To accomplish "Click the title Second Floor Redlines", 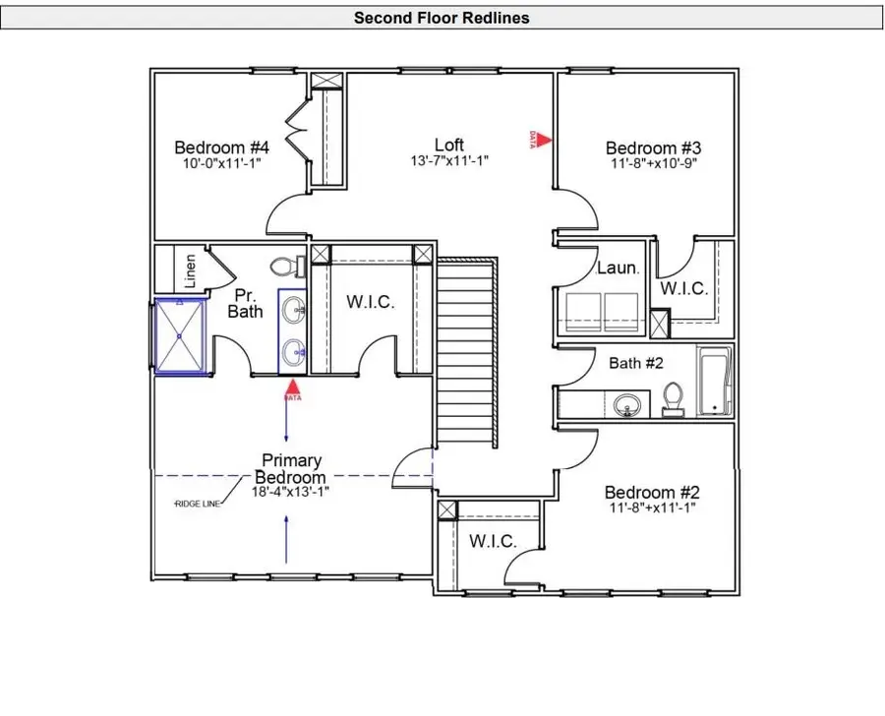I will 442,18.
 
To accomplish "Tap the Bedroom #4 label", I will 221,148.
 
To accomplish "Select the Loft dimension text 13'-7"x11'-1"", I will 449,160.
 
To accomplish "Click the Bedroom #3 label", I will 653,149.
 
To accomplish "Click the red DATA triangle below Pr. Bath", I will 292,389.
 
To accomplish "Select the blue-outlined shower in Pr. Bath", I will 180,336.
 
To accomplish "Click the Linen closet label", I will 191,270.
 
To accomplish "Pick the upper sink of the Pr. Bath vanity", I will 293,312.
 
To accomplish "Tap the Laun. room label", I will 619,268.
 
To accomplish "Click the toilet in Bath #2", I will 674,397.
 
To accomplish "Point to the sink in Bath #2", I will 625,403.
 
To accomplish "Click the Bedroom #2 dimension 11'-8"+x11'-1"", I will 653,508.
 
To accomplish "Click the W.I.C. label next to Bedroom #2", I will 493,541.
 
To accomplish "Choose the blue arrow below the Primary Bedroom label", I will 287,538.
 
